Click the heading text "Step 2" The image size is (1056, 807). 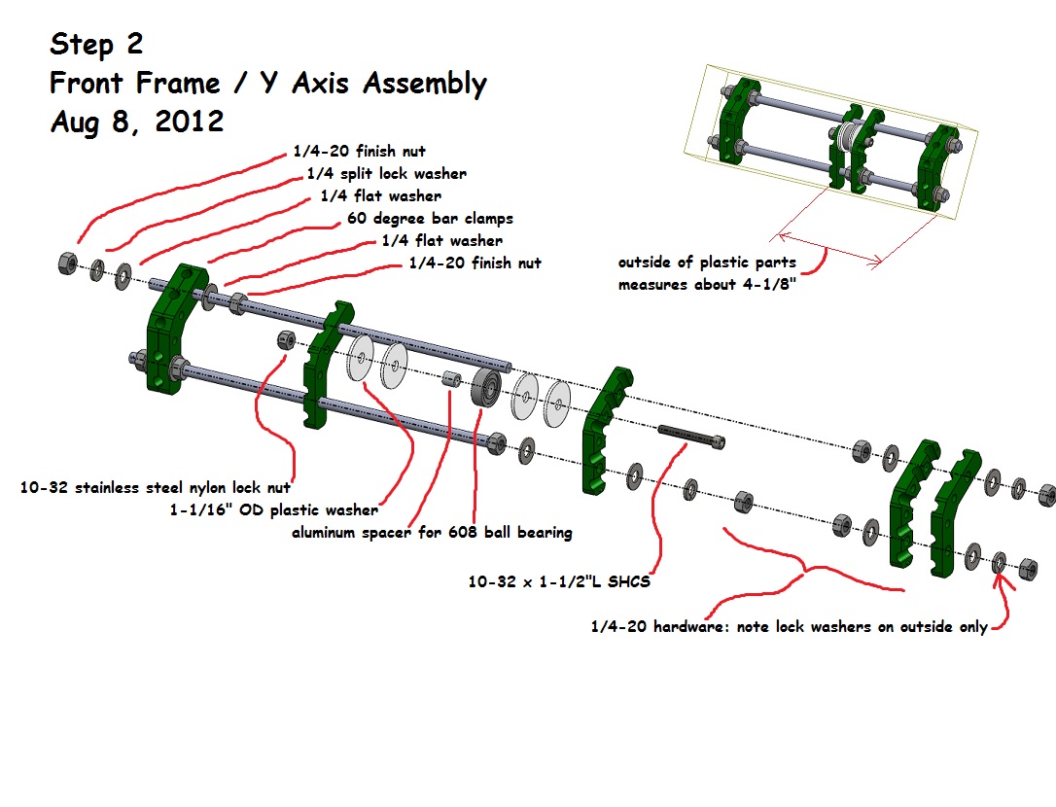pos(97,45)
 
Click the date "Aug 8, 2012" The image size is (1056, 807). pos(136,122)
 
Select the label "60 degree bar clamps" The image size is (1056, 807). pos(429,219)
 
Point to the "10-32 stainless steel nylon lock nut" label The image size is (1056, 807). pos(155,487)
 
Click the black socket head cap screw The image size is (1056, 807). pos(692,434)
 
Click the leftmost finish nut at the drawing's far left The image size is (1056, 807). pos(67,263)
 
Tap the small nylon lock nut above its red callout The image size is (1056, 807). pos(287,340)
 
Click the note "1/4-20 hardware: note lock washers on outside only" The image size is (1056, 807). pos(789,627)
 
